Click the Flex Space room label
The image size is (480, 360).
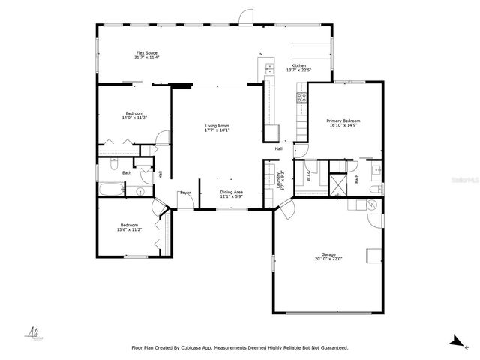click(x=146, y=53)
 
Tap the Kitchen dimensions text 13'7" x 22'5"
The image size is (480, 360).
click(x=298, y=71)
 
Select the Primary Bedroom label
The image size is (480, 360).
click(x=343, y=121)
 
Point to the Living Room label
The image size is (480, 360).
click(x=217, y=125)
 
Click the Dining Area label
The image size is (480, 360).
click(x=231, y=191)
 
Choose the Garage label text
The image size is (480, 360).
click(x=328, y=254)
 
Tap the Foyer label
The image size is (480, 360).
click(x=184, y=193)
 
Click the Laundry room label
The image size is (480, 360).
click(x=278, y=180)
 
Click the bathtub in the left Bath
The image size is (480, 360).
click(x=109, y=190)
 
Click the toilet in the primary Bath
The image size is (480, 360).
click(x=373, y=202)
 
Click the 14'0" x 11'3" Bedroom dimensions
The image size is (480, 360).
click(x=133, y=118)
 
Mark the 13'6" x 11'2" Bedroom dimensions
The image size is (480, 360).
click(x=129, y=229)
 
